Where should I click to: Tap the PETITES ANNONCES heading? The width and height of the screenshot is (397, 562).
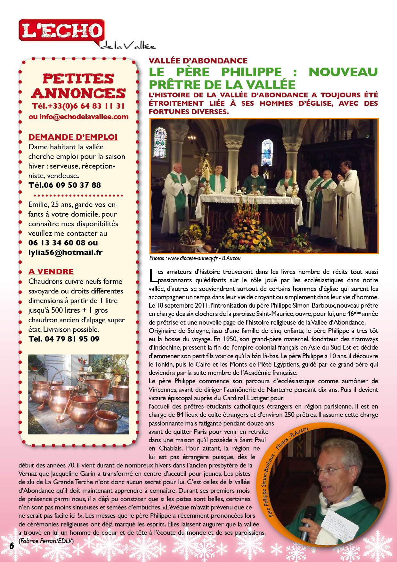pos(78,86)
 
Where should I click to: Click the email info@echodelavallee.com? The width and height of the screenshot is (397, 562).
pos(78,117)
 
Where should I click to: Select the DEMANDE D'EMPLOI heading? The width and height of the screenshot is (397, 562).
pos(73,137)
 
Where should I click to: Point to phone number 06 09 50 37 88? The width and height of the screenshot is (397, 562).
pos(65,185)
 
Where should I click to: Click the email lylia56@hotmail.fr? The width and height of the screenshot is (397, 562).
pos(65,252)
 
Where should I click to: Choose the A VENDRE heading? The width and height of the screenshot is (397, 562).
pos(51,272)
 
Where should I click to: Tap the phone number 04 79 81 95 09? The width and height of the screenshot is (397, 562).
pos(64,339)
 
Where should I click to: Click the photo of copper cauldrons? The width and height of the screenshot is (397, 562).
pos(78,394)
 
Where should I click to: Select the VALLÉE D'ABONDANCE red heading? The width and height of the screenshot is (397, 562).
pos(198,61)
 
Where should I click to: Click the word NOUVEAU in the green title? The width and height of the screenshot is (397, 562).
pos(343,72)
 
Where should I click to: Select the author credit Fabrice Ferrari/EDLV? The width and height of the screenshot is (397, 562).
pos(46,541)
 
